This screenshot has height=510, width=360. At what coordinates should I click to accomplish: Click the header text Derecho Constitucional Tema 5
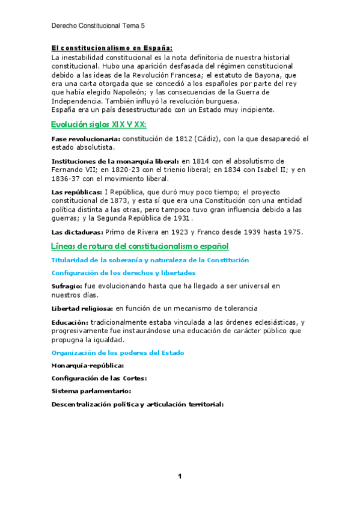click(x=99, y=26)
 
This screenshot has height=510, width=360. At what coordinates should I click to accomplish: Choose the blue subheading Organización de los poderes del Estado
click(x=118, y=352)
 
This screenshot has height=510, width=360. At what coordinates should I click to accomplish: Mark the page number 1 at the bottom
click(x=180, y=476)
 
